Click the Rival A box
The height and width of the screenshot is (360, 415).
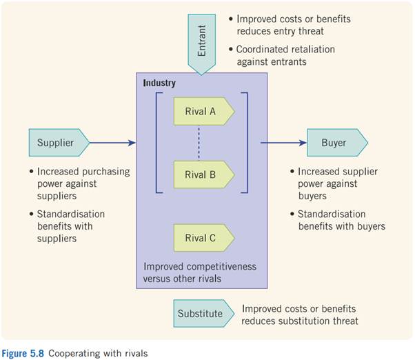click(203, 110)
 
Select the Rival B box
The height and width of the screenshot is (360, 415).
click(203, 174)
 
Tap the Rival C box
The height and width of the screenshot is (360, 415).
click(203, 238)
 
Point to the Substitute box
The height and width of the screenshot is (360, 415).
click(200, 313)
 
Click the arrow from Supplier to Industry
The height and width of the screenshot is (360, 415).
click(114, 143)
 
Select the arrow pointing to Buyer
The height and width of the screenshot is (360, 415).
click(283, 143)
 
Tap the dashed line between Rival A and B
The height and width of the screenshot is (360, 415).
click(199, 142)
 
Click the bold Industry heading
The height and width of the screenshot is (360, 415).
click(159, 83)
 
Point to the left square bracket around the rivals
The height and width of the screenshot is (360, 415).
click(157, 142)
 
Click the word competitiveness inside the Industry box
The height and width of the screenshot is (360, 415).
click(212, 266)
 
